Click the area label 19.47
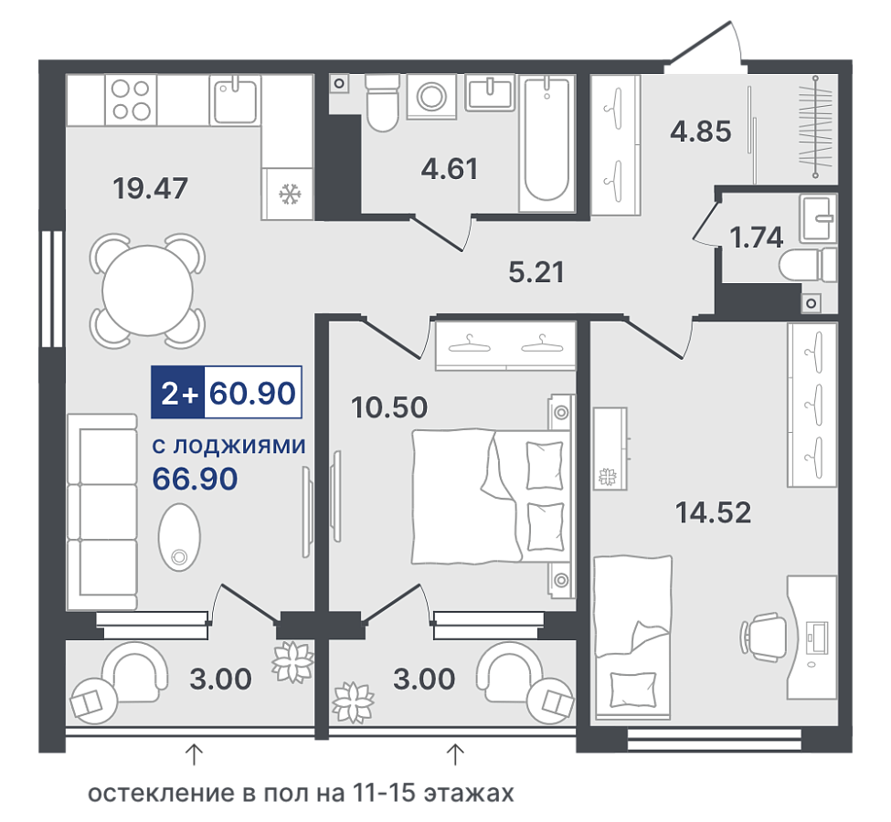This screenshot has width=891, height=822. point(151,188)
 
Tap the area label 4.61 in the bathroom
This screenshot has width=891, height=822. point(450,169)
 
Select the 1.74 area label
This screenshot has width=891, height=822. point(757,237)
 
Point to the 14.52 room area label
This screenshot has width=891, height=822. point(713,511)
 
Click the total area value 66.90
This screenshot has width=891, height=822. point(195,479)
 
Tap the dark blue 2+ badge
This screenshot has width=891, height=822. point(178,393)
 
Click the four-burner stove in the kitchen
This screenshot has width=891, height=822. point(131,100)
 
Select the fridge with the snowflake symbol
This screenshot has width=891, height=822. point(288,194)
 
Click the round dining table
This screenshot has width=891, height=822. point(147,290)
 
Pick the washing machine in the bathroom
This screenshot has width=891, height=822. point(432,96)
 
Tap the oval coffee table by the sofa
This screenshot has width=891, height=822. point(179,537)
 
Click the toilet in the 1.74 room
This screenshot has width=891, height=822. point(808,265)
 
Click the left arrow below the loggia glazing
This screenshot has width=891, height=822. point(195,755)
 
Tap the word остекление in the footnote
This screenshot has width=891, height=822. point(162,793)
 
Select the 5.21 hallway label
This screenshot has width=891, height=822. point(536,272)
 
